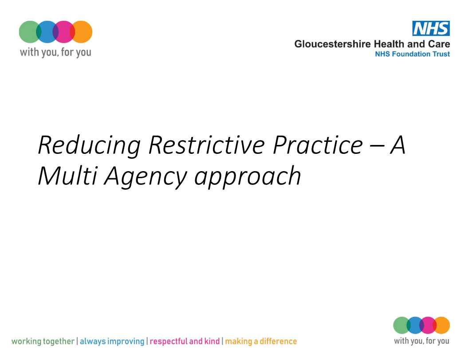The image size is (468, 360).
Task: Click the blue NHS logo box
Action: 431,28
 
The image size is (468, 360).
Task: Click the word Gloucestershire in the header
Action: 333,44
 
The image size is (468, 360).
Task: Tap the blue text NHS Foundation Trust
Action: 412,54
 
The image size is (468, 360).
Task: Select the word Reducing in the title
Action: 89,145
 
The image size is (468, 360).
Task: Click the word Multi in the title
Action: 68,176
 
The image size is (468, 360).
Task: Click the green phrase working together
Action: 43,341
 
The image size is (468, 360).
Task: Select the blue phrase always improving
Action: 112,341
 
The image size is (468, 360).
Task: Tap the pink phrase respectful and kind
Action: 185,341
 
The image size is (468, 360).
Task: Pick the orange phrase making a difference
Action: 261,341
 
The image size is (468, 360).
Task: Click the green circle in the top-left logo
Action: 29,32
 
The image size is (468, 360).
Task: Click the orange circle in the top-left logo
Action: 82,32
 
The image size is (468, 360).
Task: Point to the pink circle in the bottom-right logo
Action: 428,325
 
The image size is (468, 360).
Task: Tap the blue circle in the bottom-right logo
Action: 415,325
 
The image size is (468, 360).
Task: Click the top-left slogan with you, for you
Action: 55,52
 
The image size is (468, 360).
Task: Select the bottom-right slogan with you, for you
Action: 421,341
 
